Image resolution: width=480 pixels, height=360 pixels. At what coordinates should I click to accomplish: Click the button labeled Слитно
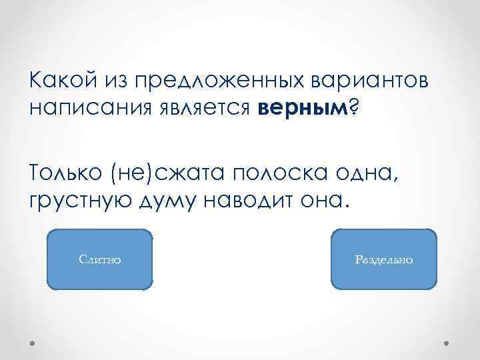[x=100, y=259]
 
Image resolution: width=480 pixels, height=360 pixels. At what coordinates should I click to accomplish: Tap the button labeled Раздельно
[x=383, y=259]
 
